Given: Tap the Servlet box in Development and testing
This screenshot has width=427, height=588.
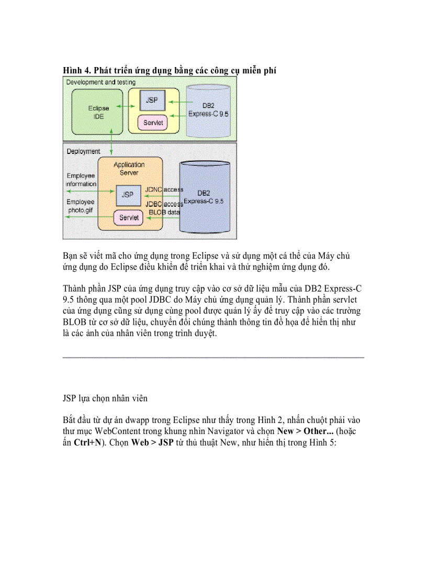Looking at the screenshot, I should click(152, 123).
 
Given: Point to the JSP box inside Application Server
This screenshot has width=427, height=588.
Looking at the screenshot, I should click(127, 194).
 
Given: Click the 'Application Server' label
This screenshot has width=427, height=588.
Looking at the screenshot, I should click(128, 168).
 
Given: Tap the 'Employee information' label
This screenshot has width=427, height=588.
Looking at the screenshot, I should click(81, 180).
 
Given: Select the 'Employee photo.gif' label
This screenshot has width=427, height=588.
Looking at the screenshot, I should click(81, 206).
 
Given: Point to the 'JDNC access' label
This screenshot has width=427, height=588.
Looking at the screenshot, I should click(164, 189).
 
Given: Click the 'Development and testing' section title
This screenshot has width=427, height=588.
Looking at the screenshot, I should click(101, 82).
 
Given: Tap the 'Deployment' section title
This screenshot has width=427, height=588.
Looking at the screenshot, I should click(83, 151).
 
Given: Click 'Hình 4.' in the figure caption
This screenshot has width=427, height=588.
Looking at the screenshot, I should click(76, 70).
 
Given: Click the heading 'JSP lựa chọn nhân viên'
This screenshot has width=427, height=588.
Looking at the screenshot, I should click(105, 398).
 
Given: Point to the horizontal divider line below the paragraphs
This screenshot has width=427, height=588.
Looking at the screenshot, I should click(213, 358).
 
